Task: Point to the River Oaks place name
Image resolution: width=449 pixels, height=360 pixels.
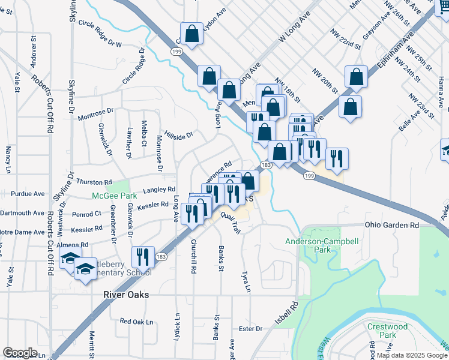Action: point(125,295)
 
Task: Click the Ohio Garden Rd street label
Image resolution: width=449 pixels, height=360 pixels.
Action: point(392,225)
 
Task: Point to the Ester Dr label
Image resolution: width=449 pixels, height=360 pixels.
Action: point(250,329)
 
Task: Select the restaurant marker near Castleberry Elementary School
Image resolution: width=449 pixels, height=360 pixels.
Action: point(142,257)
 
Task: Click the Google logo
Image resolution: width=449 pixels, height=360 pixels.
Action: point(20,353)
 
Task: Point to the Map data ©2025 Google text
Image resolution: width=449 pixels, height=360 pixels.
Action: point(412,355)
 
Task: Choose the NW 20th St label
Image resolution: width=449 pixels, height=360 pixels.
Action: point(325,81)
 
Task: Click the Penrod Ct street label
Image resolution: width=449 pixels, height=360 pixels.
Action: point(86,214)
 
